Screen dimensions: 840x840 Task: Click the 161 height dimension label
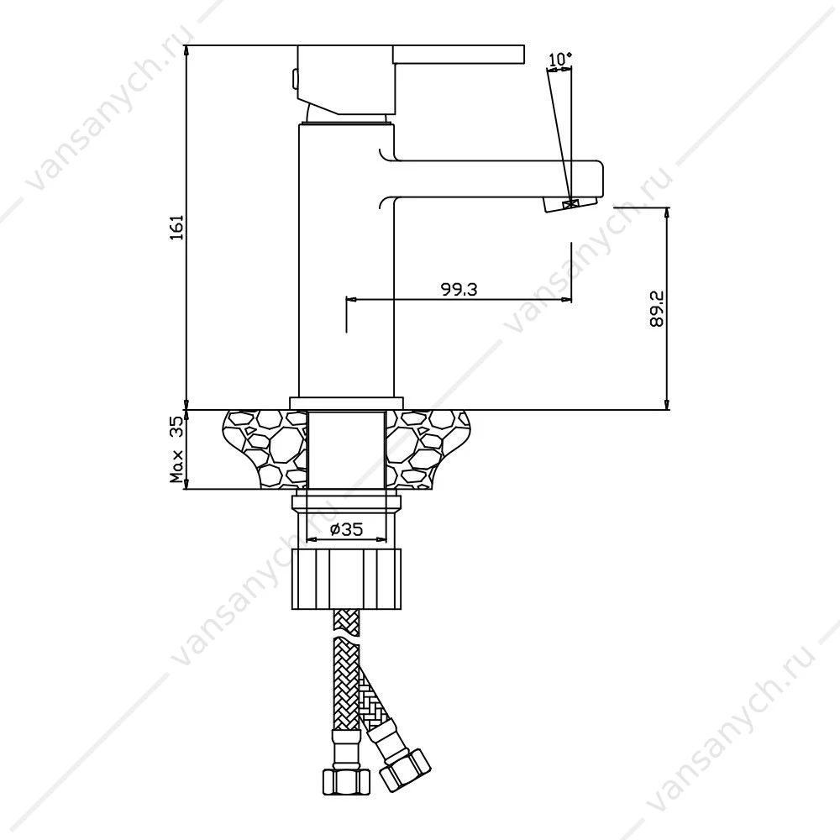pos(176,227)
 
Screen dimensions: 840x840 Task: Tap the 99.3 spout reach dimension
pos(459,289)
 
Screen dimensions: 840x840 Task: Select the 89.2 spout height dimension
pos(656,309)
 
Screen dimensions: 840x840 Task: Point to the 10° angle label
pos(560,59)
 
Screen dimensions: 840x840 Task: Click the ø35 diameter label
pos(347,530)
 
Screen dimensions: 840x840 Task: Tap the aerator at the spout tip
pos(570,204)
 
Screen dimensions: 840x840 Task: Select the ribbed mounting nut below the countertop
pos(347,579)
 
